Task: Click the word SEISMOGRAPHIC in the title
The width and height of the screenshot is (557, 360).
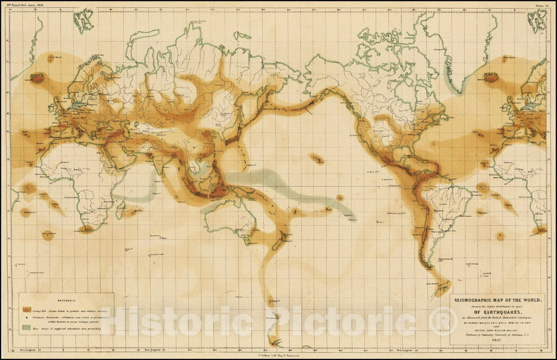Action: point(472,300)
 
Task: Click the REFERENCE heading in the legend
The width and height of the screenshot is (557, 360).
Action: point(67,300)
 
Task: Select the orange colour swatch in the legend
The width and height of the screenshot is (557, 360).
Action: point(26,310)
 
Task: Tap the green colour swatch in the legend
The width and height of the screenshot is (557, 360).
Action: point(26,328)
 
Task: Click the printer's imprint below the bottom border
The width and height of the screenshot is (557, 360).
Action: point(278,355)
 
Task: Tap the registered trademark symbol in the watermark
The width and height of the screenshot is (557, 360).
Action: point(443,321)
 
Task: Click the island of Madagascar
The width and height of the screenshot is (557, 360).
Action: point(123,209)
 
